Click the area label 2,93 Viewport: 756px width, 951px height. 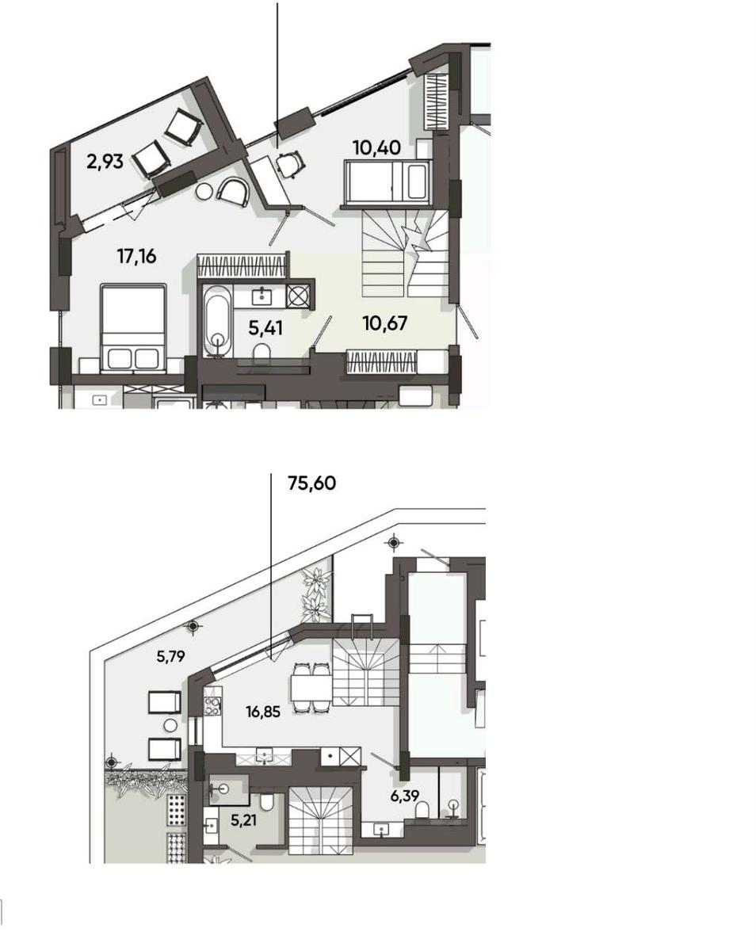(x=105, y=162)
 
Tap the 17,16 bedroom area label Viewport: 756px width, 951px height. (x=136, y=256)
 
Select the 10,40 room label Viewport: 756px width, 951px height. (x=376, y=147)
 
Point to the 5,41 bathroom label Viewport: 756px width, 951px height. (x=265, y=328)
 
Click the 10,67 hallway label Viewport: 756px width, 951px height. (x=384, y=323)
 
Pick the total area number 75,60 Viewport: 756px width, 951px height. (x=311, y=483)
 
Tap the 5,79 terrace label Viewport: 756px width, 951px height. (x=170, y=656)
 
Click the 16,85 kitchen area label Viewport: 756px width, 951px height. (x=263, y=712)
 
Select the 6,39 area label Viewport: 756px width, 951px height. (x=404, y=796)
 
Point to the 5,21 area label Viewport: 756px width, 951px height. (x=243, y=820)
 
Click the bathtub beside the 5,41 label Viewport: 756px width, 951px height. (x=217, y=321)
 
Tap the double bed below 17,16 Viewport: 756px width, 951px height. (x=133, y=328)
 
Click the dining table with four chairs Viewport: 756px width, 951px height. (x=311, y=687)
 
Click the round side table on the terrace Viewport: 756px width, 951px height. (x=170, y=725)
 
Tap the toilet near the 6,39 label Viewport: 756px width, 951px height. (x=423, y=810)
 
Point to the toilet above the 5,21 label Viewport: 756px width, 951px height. (x=266, y=803)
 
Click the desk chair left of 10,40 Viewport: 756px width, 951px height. (x=290, y=164)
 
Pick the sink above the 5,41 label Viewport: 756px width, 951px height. (x=262, y=296)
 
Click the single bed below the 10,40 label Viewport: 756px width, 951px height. (x=388, y=181)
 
